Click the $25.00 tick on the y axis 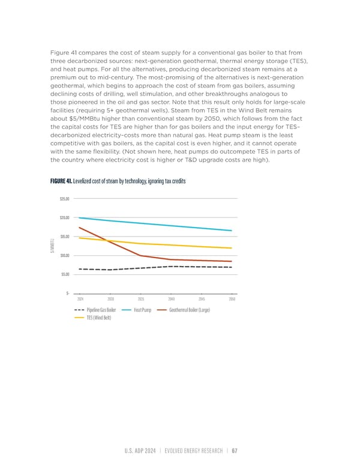63,199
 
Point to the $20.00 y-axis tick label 63,218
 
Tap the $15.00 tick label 63,237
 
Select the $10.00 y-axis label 63,256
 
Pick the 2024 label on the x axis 80,299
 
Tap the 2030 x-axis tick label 110,299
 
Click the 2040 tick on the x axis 171,299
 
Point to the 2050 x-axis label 232,299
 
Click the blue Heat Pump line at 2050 232,231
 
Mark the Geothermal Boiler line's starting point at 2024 80,228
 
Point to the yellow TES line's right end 232,248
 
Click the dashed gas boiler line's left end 80,269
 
